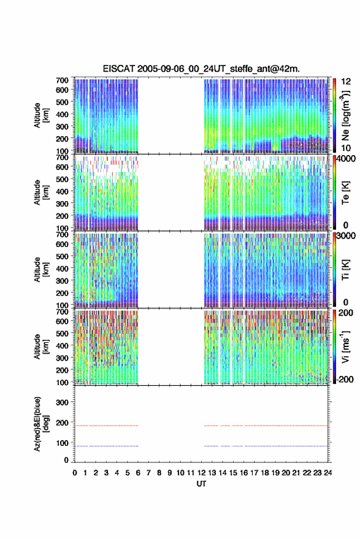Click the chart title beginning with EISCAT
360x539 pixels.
point(201,69)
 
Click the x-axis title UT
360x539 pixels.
point(201,484)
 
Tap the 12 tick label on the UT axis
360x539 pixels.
point(201,473)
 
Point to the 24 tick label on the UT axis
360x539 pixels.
point(327,473)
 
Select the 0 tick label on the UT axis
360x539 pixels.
point(75,473)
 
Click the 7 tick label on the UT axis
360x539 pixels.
point(148,473)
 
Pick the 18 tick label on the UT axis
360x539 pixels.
point(264,473)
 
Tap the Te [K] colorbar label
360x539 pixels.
point(345,193)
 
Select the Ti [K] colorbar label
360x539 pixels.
point(345,270)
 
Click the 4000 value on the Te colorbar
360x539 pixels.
point(346,159)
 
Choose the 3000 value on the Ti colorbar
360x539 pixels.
point(346,236)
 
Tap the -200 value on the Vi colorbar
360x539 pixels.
point(345,380)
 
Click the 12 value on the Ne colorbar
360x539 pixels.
point(346,82)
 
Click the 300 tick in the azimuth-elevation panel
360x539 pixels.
point(63,402)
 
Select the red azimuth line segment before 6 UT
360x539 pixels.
point(107,426)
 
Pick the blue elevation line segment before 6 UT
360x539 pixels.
point(107,446)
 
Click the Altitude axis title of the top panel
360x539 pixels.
point(41,115)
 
